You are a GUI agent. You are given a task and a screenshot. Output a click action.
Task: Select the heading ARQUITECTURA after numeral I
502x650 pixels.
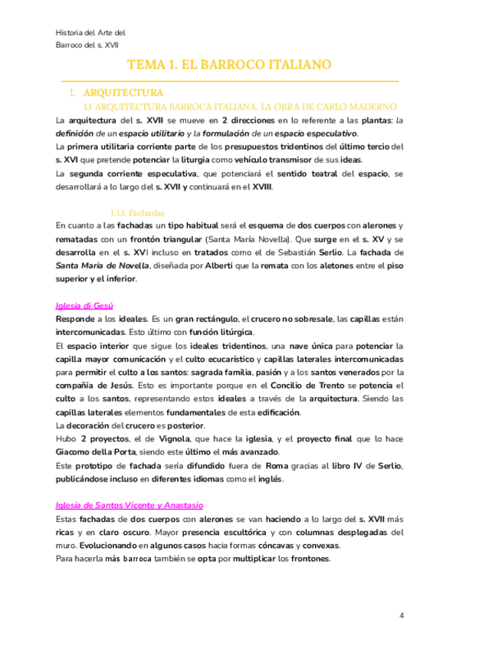123,93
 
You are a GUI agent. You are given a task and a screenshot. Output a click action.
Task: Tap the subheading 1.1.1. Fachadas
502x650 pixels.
137,212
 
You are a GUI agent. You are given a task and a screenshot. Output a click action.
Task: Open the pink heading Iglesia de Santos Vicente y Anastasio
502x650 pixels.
130,505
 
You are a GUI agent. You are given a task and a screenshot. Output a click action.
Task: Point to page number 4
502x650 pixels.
402,616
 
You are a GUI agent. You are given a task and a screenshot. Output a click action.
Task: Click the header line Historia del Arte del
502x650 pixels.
90,33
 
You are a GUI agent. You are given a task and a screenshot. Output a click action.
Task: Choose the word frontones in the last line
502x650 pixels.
309,558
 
